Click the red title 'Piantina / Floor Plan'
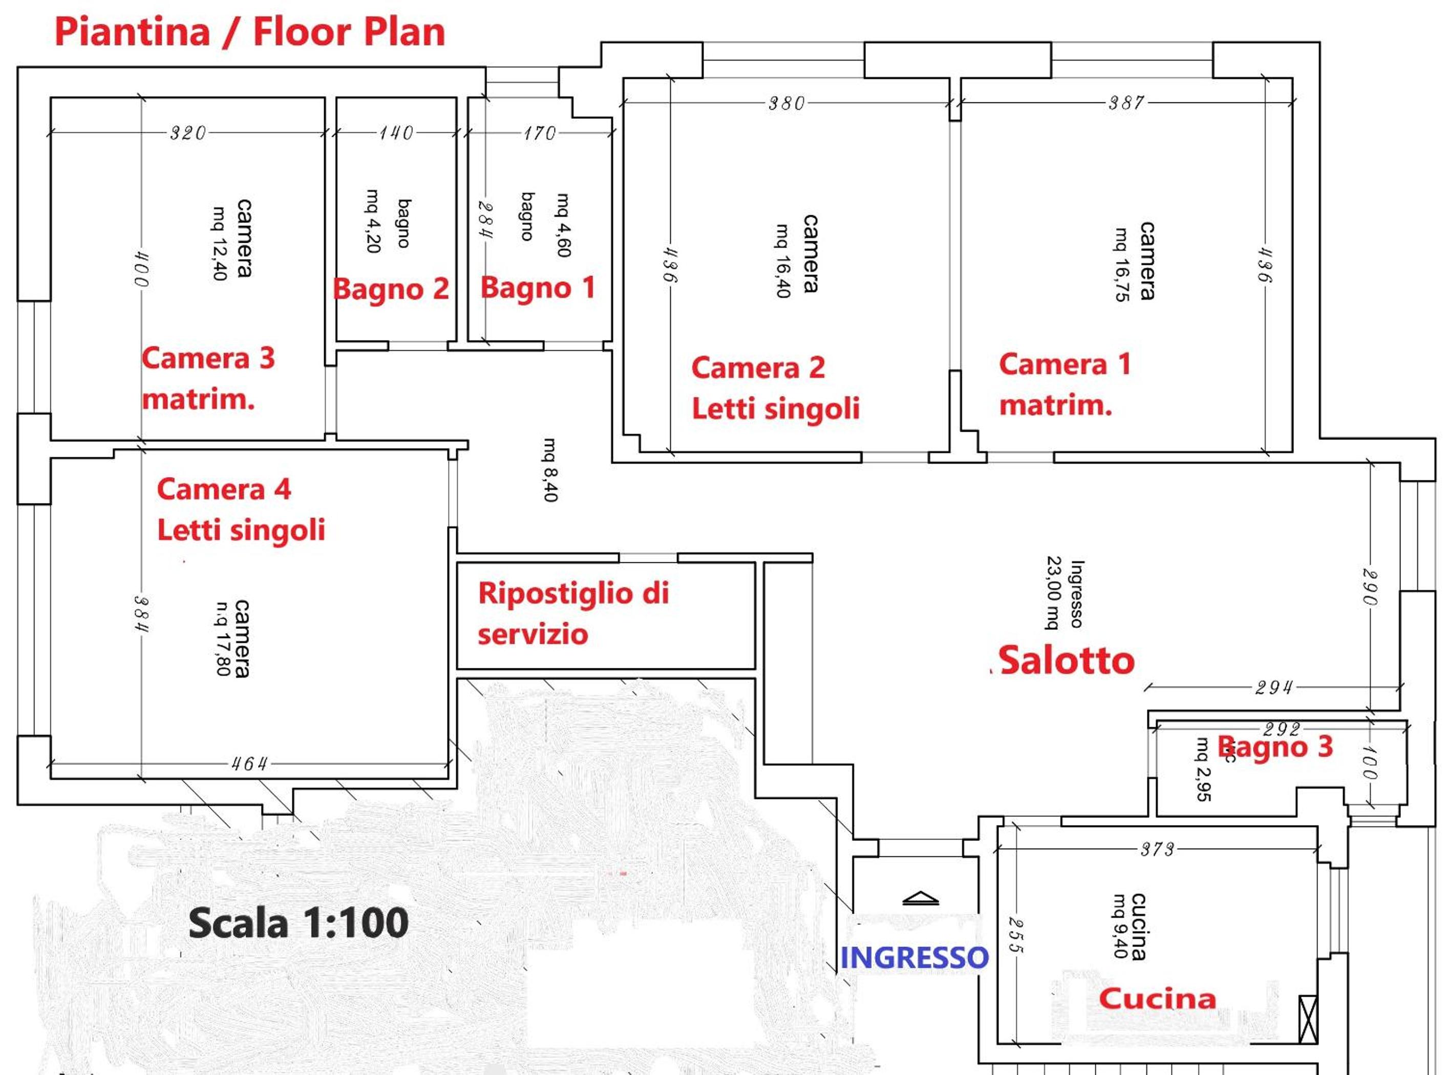tap(250, 31)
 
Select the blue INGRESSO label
tap(914, 957)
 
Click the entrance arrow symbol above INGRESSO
tap(921, 899)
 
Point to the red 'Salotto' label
tap(1067, 661)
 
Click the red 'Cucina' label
tap(1157, 998)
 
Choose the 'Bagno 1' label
tap(537, 288)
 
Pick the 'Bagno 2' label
tap(391, 289)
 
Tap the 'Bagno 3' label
tap(1275, 746)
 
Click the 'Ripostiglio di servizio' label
tap(573, 613)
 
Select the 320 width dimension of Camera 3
tap(188, 133)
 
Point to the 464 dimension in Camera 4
tap(249, 763)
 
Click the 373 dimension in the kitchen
tap(1158, 849)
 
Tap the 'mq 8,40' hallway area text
tap(549, 469)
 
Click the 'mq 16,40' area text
tap(782, 260)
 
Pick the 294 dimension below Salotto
tap(1273, 688)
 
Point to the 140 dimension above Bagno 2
tap(396, 133)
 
